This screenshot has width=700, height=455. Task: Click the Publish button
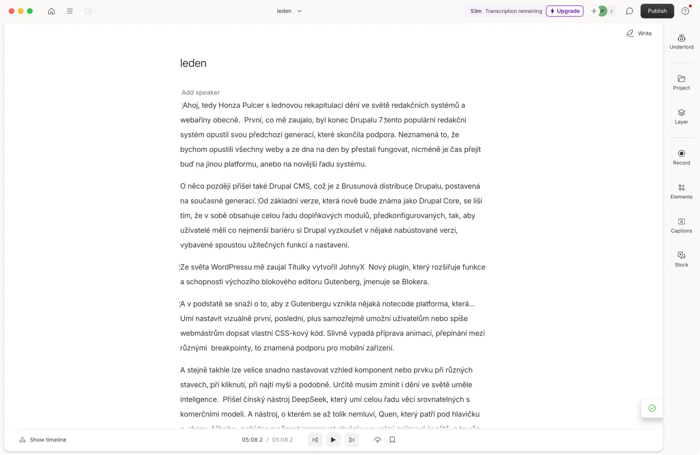pyautogui.click(x=657, y=11)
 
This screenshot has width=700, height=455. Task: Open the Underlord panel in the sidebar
pyautogui.click(x=681, y=41)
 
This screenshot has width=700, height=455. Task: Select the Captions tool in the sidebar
pyautogui.click(x=681, y=225)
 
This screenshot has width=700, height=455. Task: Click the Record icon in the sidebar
pyautogui.click(x=681, y=157)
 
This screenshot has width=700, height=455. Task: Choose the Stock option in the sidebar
pyautogui.click(x=681, y=259)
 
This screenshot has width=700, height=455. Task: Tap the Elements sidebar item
pyautogui.click(x=681, y=191)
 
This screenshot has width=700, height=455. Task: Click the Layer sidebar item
pyautogui.click(x=681, y=116)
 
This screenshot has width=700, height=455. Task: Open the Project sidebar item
pyautogui.click(x=681, y=82)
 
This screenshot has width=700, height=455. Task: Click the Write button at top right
pyautogui.click(x=639, y=33)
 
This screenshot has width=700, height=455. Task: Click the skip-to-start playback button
pyautogui.click(x=315, y=440)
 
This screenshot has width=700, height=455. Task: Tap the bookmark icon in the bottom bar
pyautogui.click(x=392, y=440)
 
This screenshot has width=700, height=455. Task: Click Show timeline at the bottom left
pyautogui.click(x=43, y=440)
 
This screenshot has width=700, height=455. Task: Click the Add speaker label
pyautogui.click(x=200, y=92)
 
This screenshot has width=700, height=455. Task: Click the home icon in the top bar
pyautogui.click(x=51, y=11)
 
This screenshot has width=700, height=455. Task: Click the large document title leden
pyautogui.click(x=193, y=63)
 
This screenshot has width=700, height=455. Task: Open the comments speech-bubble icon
pyautogui.click(x=629, y=11)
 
